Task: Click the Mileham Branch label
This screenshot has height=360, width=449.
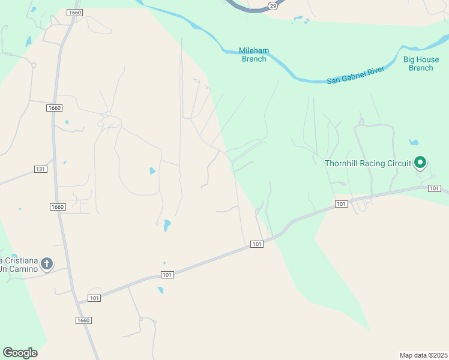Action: tap(253, 55)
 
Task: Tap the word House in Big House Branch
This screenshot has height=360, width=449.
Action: tap(427, 59)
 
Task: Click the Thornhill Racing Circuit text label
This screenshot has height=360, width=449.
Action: tap(367, 163)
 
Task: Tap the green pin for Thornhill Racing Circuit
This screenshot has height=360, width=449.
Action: tap(421, 162)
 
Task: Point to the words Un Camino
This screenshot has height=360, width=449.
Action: tap(19, 269)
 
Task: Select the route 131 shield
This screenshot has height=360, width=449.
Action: tap(40, 169)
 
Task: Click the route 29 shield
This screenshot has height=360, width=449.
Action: tap(273, 5)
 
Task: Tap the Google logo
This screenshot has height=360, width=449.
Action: tap(20, 353)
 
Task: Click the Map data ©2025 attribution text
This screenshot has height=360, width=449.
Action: tap(423, 355)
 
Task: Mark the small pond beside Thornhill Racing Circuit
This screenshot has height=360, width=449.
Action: tap(414, 143)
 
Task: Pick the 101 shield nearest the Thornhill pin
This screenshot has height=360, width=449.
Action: tap(435, 188)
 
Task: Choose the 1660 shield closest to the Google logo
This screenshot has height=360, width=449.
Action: tap(83, 320)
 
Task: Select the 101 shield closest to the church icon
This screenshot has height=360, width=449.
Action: tap(94, 298)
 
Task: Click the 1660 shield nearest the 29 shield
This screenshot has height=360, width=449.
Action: tap(74, 12)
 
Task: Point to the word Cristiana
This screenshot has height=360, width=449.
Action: tap(19, 260)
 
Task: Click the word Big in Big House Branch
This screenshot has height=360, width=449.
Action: tap(410, 59)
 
